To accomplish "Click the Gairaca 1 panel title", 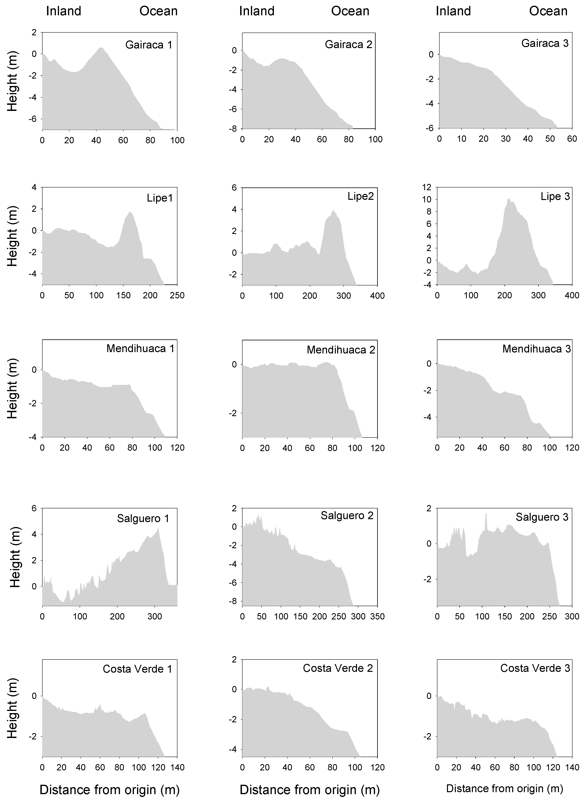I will coord(149,45).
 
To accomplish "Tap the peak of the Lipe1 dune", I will coord(130,212).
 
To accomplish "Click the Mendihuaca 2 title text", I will coord(341,350).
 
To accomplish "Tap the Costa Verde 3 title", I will coord(535,668).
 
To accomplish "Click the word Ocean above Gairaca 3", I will coord(548,11).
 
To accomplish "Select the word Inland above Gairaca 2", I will coord(257,11).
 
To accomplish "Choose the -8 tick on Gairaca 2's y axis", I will coord(234,129).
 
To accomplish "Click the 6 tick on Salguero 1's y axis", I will coord(34,508).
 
